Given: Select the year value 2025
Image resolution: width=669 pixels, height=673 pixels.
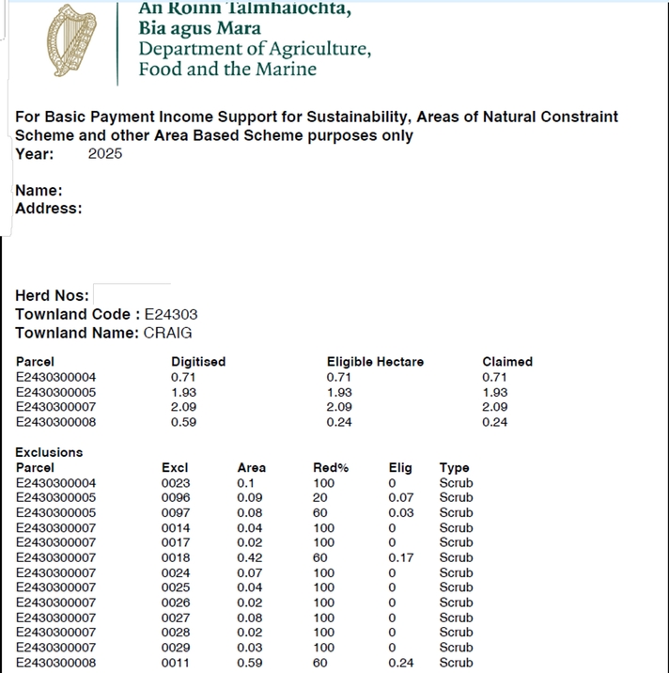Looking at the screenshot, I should (105, 154).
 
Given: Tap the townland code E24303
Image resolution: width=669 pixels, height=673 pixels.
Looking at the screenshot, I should (171, 315).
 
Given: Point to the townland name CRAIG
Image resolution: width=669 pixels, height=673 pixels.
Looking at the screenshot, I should (168, 333).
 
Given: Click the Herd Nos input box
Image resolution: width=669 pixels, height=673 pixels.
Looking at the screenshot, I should (132, 295).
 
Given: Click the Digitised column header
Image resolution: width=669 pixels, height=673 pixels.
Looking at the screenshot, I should (198, 362).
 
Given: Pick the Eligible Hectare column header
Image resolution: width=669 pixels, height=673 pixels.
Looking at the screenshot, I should (375, 362).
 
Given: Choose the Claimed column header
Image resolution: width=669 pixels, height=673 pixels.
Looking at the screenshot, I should (507, 362).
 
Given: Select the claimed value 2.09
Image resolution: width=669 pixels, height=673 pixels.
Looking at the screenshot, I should (494, 407).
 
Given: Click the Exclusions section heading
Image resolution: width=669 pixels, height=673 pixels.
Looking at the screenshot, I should (49, 452).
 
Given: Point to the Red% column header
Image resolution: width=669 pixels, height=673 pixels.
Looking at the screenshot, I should (331, 467).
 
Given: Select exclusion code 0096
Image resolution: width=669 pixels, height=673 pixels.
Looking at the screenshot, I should (176, 497).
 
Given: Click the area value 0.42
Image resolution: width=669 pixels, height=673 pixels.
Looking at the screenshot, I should (250, 557).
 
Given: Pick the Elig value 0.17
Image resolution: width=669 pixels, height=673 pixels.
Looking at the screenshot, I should (401, 557).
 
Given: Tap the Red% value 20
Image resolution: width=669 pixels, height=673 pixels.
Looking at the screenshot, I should (319, 497).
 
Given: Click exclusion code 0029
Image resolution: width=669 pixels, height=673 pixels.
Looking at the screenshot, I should (176, 648).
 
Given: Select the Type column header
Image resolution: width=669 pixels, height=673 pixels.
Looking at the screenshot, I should (454, 467).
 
